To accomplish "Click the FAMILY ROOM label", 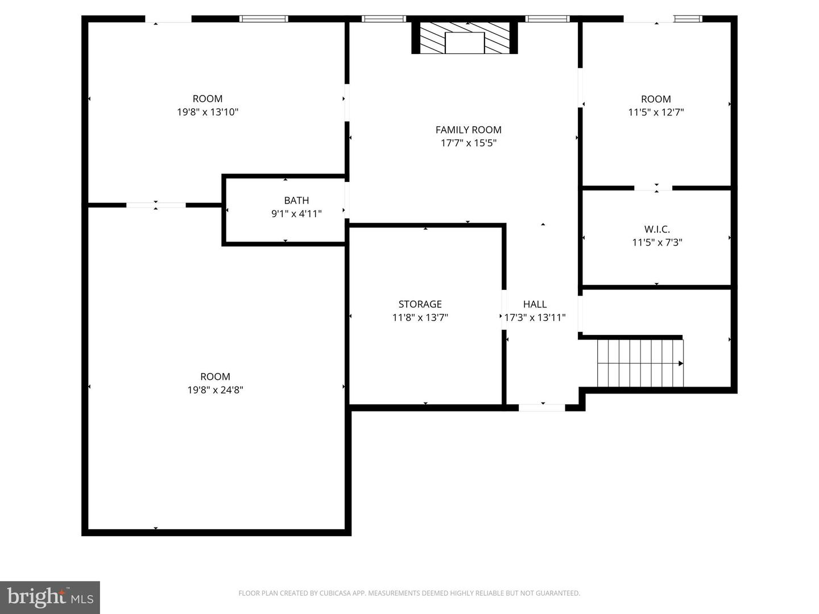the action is (x=468, y=130).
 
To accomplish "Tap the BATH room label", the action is (x=296, y=201).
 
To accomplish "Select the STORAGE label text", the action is (x=420, y=304).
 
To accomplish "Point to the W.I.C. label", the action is (x=657, y=229).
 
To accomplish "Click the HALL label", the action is (x=535, y=304).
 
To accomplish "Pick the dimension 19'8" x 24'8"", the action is (x=216, y=390).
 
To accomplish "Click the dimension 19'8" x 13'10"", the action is (x=208, y=112).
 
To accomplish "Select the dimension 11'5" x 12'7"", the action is (x=656, y=112).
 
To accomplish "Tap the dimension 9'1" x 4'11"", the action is (x=296, y=214).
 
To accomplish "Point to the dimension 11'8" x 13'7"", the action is (x=420, y=318).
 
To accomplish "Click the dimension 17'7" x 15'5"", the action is (x=468, y=143).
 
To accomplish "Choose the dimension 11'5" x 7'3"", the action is (x=657, y=242).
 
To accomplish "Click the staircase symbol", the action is (x=640, y=363).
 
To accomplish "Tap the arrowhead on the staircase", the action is (x=681, y=363).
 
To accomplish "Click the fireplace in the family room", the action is (x=465, y=38).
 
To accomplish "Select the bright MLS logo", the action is (x=50, y=598).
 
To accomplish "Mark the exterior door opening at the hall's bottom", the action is (x=542, y=408).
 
